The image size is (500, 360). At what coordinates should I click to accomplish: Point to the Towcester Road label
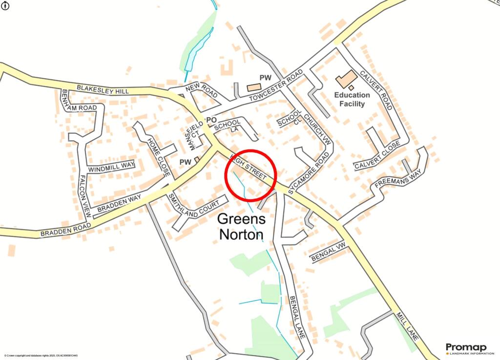tap(276, 86)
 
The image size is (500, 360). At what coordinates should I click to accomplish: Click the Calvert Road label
tap(376, 90)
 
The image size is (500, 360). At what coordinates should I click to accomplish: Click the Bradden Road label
tap(66, 226)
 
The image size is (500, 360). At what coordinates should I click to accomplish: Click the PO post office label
tap(211, 120)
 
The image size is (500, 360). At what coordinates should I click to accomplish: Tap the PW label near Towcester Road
tap(265, 78)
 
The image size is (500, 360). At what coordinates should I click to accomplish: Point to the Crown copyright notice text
tap(41, 356)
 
